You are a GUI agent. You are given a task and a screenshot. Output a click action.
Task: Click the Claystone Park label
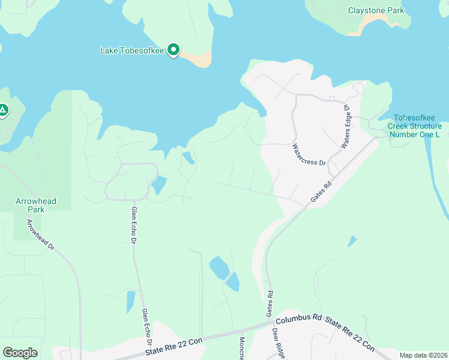pyautogui.click(x=376, y=10)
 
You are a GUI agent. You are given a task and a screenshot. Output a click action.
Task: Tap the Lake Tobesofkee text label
pyautogui.click(x=132, y=50)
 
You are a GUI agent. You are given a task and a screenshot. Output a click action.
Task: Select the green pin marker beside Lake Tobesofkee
pyautogui.click(x=174, y=50)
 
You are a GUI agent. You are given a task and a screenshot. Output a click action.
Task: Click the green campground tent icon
pyautogui.click(x=3, y=110)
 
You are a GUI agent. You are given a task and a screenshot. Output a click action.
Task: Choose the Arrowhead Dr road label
pyautogui.click(x=40, y=235)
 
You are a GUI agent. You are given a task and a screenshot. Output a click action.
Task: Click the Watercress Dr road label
pyautogui.click(x=309, y=154)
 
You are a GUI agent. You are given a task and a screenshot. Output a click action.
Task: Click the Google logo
pyautogui.click(x=20, y=353)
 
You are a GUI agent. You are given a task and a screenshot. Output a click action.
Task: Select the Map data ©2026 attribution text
pyautogui.click(x=423, y=355)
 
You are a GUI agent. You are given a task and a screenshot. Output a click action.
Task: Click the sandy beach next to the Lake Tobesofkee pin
pyautogui.click(x=197, y=58)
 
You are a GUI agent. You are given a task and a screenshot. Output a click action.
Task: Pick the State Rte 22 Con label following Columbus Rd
pyautogui.click(x=350, y=332)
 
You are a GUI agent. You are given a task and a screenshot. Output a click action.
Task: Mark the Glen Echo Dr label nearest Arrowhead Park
pyautogui.click(x=134, y=226)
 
